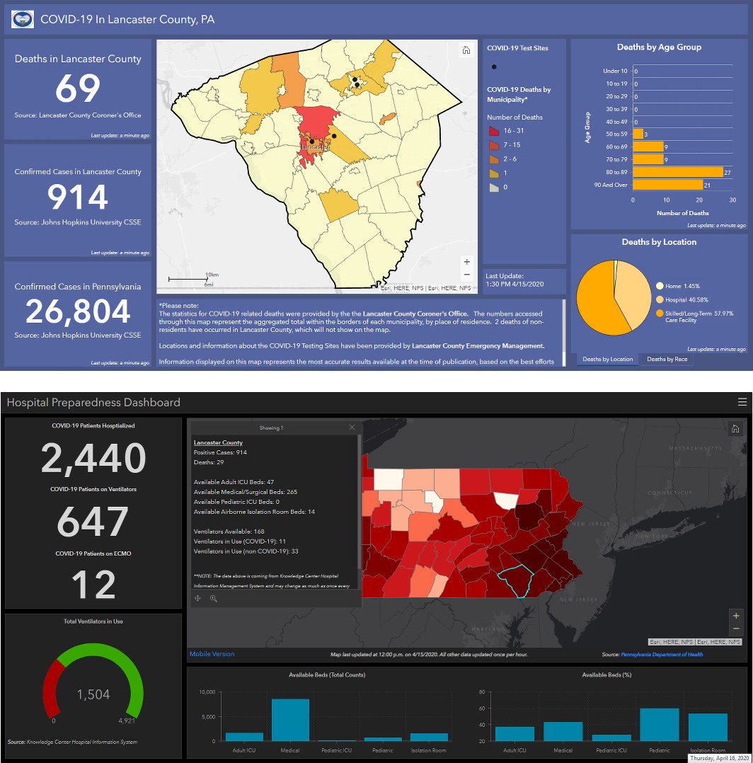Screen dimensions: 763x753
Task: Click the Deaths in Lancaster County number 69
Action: (x=78, y=88)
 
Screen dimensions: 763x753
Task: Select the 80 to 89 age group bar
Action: (x=678, y=172)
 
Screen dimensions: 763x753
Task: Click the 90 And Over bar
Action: (x=668, y=185)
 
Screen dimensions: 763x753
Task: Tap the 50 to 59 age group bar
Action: (x=638, y=134)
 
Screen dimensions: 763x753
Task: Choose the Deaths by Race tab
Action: (x=667, y=360)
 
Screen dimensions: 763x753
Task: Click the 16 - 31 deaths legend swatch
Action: (x=494, y=131)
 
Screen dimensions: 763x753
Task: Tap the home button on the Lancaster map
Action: (x=466, y=50)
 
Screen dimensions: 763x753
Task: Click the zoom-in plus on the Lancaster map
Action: (x=466, y=262)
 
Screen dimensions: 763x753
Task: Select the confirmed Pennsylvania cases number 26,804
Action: (x=78, y=311)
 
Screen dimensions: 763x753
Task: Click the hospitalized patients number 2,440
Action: (x=93, y=458)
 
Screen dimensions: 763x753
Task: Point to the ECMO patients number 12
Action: (x=93, y=585)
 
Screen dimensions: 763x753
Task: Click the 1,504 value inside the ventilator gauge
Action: (x=93, y=694)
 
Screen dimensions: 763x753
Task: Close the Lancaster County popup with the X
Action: (x=352, y=428)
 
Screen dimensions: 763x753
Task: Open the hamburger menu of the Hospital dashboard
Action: (x=742, y=402)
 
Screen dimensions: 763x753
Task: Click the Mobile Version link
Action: (x=212, y=654)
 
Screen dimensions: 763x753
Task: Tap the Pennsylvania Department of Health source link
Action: (x=662, y=655)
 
